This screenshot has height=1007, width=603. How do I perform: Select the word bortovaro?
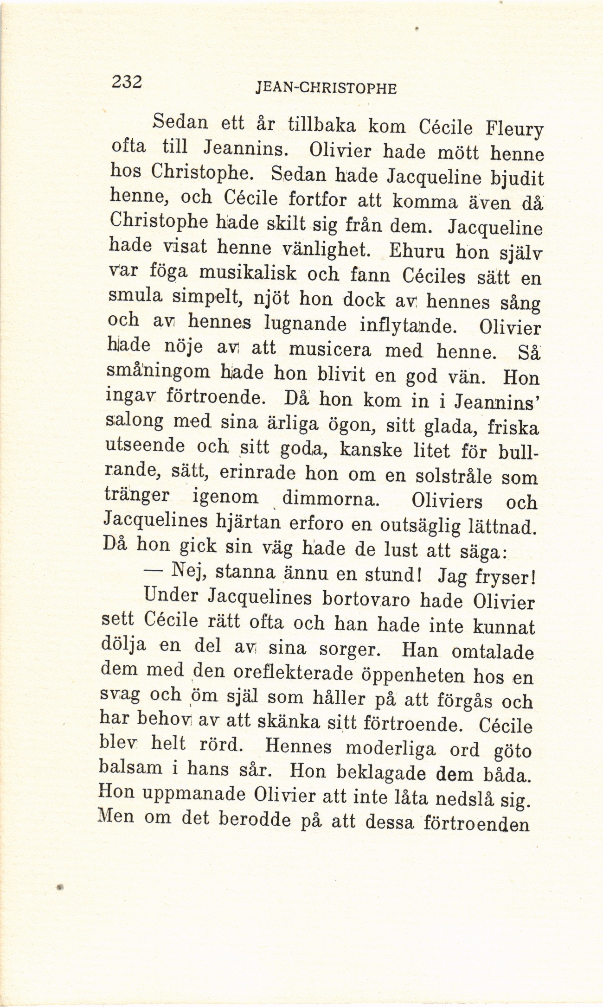[x=366, y=599]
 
